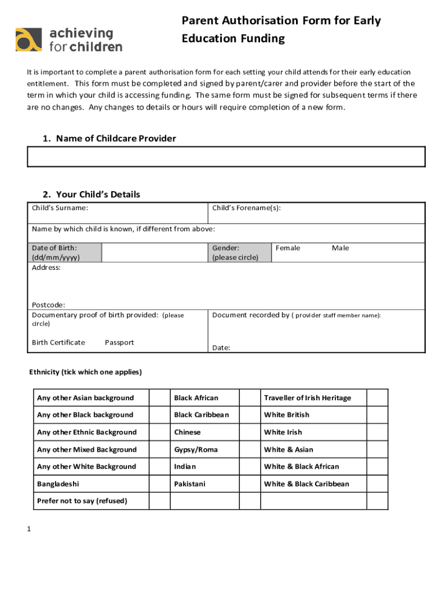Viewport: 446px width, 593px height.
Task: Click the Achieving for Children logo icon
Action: (29, 39)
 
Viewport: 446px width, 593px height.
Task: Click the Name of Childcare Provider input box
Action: (226, 156)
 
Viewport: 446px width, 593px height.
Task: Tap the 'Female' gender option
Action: (288, 248)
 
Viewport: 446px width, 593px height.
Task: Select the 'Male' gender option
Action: (341, 248)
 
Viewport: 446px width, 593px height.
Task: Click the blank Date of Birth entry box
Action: (155, 252)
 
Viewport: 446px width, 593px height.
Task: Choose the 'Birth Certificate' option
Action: (59, 342)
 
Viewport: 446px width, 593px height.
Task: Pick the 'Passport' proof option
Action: (119, 342)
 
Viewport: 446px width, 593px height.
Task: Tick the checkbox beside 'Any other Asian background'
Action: (158, 398)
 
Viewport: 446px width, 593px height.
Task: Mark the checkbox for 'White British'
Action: (378, 415)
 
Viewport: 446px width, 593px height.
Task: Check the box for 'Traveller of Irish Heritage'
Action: (378, 398)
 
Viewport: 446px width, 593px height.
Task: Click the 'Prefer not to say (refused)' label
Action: (82, 500)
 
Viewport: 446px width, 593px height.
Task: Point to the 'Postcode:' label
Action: (49, 305)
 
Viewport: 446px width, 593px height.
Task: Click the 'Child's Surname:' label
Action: (60, 207)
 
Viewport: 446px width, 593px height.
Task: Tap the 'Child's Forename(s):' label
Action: (247, 207)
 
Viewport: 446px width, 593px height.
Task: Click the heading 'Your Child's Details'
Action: (98, 194)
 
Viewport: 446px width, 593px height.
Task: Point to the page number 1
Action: (28, 529)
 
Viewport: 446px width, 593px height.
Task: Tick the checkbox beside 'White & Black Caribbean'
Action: (378, 484)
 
